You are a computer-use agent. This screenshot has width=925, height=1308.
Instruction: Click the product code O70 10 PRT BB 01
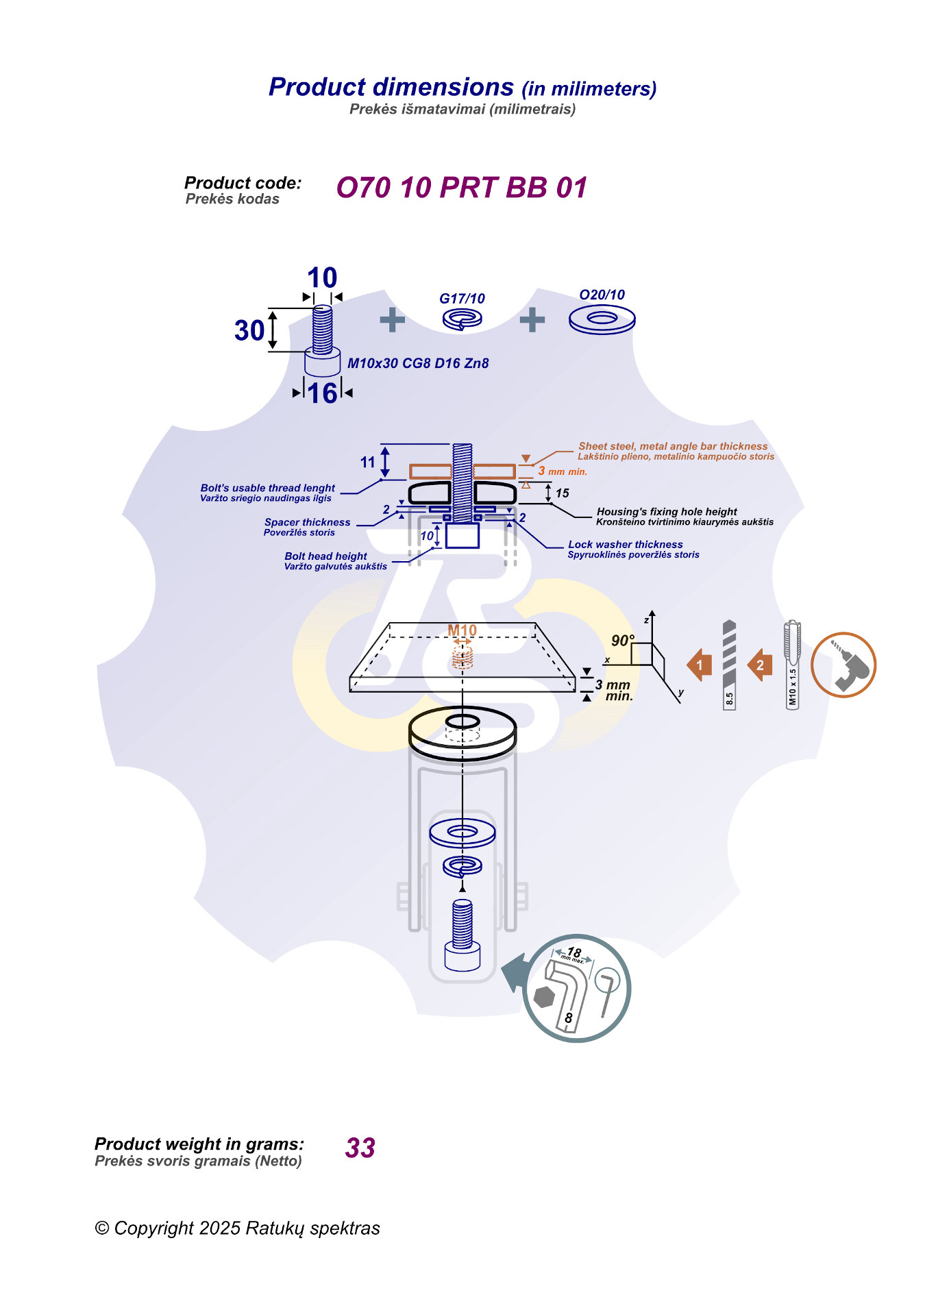[x=461, y=188]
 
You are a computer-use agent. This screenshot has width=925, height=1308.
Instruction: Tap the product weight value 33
[x=360, y=1148]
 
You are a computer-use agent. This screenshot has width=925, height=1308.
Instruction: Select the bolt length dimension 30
[x=249, y=330]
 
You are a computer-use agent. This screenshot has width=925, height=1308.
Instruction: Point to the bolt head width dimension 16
[x=322, y=393]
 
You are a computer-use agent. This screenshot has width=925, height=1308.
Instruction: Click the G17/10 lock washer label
[x=462, y=299]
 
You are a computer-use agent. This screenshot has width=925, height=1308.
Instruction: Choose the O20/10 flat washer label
[x=602, y=295]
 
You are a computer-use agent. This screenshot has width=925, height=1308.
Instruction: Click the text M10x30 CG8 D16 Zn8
[x=418, y=363]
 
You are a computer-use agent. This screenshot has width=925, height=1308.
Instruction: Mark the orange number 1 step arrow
[x=700, y=665]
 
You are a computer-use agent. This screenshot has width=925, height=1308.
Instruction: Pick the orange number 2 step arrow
[x=760, y=665]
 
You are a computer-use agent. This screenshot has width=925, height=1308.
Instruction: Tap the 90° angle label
[x=622, y=641]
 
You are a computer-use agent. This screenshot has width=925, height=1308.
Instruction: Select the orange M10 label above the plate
[x=462, y=630]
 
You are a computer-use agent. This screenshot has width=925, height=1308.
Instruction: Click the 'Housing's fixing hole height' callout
[x=667, y=512]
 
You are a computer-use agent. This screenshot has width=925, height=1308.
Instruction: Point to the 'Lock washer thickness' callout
[x=625, y=545]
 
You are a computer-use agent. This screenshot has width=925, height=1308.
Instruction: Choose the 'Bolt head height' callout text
[x=325, y=556]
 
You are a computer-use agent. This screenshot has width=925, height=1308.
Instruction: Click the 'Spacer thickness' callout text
[x=307, y=522]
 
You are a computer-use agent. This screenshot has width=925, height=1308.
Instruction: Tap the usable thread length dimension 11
[x=368, y=462]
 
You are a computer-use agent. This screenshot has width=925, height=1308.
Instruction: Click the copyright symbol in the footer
[x=102, y=1229]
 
